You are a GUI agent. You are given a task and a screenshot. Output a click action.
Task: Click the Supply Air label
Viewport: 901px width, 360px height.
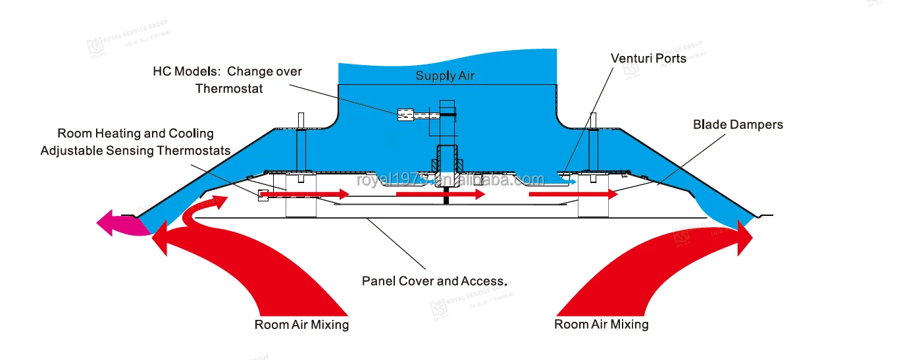445,76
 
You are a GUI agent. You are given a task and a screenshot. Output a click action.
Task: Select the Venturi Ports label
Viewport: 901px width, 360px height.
648,59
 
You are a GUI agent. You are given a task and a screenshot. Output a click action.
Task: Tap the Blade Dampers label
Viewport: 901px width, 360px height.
738,124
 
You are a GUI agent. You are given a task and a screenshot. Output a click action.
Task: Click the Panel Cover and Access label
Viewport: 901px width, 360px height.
434,281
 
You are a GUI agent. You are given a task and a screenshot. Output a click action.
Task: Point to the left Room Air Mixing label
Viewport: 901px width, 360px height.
301,324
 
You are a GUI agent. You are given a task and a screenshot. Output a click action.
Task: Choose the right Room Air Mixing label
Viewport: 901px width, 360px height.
601,324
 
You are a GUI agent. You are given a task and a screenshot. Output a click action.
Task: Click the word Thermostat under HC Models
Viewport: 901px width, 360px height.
229,88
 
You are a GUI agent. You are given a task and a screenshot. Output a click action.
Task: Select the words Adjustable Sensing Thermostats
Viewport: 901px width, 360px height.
136,151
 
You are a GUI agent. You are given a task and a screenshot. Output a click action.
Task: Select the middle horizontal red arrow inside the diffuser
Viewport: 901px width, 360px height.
440,194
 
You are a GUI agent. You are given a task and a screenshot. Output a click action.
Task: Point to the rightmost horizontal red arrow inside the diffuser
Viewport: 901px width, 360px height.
573,194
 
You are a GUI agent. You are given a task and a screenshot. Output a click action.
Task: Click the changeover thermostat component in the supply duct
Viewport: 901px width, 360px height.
404,115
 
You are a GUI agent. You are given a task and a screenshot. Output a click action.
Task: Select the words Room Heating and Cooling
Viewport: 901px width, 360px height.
136,134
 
